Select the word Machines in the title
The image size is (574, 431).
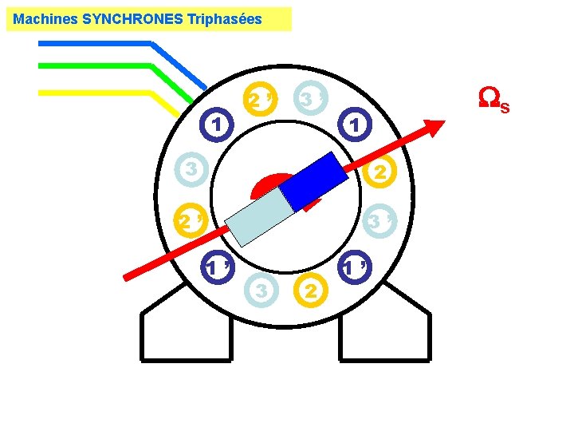(x=45, y=18)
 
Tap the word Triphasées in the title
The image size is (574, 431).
(x=223, y=18)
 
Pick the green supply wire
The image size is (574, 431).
(x=104, y=66)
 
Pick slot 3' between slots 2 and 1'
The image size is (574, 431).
(x=380, y=221)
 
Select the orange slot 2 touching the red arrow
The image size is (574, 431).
(x=379, y=171)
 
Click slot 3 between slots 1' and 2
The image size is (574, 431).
(x=261, y=291)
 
